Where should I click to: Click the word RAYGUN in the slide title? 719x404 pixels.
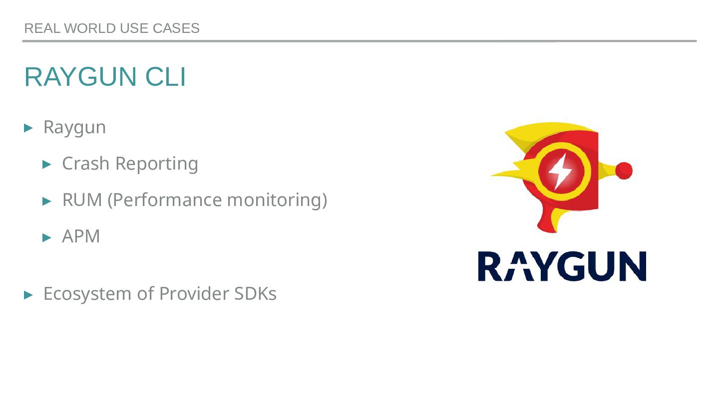tap(81, 77)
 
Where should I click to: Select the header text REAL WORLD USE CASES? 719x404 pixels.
tap(112, 28)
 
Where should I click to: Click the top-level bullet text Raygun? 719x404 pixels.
tap(74, 127)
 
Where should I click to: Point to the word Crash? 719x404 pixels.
tap(85, 164)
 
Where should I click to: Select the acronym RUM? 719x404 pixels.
tap(82, 200)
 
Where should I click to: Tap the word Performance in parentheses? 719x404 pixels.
tap(166, 200)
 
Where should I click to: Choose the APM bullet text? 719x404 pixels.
tap(81, 236)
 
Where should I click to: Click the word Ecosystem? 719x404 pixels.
tap(88, 294)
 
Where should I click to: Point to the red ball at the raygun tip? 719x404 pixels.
tap(624, 171)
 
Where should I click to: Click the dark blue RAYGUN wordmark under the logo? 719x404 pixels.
tap(562, 266)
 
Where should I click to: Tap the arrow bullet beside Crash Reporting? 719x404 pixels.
tap(47, 164)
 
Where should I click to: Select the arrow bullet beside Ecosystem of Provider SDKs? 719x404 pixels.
tap(29, 295)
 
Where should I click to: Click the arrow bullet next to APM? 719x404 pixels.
tap(47, 237)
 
